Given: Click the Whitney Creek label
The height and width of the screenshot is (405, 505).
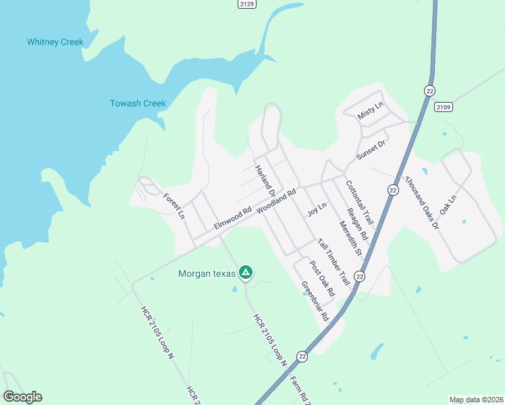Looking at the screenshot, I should point(55,42).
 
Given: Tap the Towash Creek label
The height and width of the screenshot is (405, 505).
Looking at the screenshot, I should point(138,103).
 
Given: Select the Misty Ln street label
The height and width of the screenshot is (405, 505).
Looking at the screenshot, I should point(370,111).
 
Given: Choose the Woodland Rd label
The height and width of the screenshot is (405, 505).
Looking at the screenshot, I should point(277,202).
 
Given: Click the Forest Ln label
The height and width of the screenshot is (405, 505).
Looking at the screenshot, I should point(174,207).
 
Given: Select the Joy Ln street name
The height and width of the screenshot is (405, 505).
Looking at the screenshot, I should point(317,209).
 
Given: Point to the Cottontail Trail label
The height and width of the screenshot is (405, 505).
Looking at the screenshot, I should point(359,202).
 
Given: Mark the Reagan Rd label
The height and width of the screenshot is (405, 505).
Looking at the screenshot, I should point(356,224).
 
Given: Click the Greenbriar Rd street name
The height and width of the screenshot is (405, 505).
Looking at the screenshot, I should point(315,300).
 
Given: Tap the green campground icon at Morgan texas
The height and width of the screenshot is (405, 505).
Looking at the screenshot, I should point(246,273).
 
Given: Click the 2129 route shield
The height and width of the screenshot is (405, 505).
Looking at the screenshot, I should point(247,4).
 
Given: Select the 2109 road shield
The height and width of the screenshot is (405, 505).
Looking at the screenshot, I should point(444,107).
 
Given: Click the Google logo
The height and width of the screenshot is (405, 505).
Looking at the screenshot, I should point(22,397).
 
